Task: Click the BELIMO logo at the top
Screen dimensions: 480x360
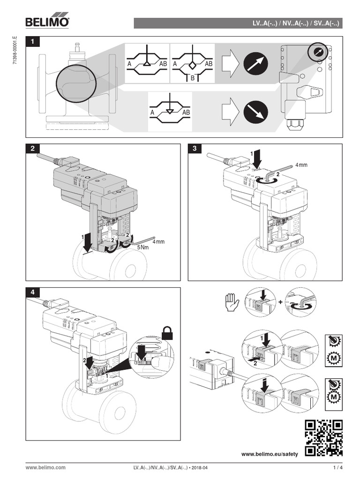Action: click(47, 22)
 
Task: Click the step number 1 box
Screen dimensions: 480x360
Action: click(32, 42)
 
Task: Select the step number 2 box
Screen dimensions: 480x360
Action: click(32, 149)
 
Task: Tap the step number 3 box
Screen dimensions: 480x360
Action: click(195, 149)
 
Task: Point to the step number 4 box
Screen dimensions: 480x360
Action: click(32, 292)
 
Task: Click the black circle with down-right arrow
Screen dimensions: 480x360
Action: click(255, 112)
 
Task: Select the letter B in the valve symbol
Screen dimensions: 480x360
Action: click(192, 78)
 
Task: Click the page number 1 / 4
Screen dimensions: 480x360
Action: click(338, 467)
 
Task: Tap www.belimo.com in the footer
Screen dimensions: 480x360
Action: click(45, 467)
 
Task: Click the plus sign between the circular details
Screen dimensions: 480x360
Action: click(281, 302)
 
